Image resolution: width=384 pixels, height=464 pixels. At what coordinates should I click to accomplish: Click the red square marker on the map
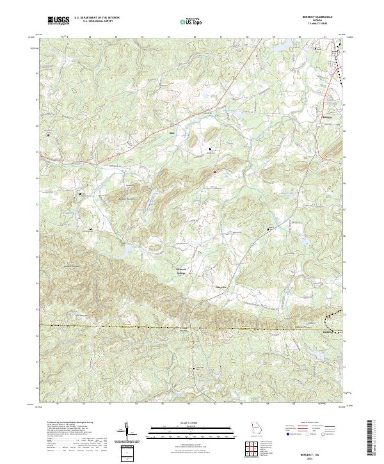[215, 172]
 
